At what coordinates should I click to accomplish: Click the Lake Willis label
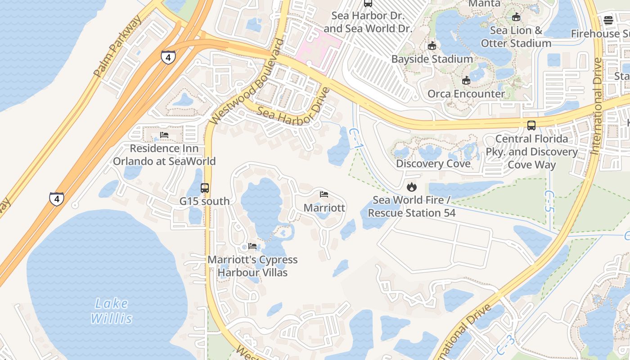click(111, 311)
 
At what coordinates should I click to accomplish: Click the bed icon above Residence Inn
click(164, 135)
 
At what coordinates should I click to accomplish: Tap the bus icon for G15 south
click(205, 188)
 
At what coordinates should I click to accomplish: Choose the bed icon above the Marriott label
click(324, 194)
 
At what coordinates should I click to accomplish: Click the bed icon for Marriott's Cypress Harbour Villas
click(252, 246)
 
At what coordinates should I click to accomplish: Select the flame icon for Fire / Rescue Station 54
click(411, 186)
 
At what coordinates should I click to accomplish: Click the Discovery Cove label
click(433, 164)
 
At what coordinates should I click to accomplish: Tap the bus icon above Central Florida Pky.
click(531, 125)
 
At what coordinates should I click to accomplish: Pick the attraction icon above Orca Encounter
click(466, 81)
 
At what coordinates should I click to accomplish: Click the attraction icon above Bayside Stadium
click(432, 45)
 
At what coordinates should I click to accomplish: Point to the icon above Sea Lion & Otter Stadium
click(516, 17)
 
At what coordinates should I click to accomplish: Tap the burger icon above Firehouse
click(608, 20)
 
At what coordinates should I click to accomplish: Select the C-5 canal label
click(549, 201)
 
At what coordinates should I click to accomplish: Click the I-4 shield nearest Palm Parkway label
click(168, 57)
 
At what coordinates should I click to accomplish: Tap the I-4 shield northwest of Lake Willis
click(56, 198)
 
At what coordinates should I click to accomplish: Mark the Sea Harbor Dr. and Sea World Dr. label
click(368, 22)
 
